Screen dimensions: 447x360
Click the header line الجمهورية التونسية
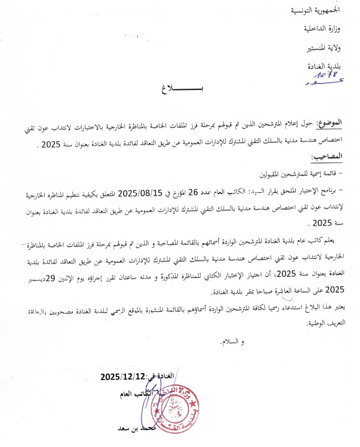tap(314, 10)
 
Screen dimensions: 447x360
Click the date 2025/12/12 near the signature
tap(123, 377)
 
